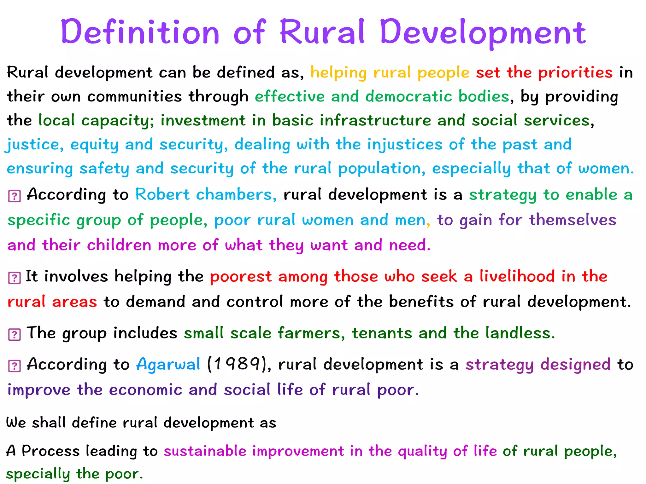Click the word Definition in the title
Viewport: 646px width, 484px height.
pos(140,32)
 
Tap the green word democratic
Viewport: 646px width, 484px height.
pos(408,96)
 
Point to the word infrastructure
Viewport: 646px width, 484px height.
pos(375,120)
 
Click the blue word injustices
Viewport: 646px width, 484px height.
pos(405,145)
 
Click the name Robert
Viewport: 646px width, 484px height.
pos(162,194)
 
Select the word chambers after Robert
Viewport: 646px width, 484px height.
pos(236,194)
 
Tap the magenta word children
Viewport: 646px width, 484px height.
pos(119,245)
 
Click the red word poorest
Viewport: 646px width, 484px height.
pos(241,277)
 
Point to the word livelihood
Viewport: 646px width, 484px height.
pos(517,276)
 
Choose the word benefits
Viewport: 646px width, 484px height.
pos(421,302)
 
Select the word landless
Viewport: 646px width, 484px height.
pos(520,333)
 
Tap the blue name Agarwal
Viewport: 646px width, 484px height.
pos(168,365)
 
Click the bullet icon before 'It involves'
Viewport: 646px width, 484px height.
pos(14,278)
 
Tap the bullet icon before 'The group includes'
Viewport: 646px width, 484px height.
pos(14,335)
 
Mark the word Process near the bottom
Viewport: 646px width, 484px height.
pos(50,451)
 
